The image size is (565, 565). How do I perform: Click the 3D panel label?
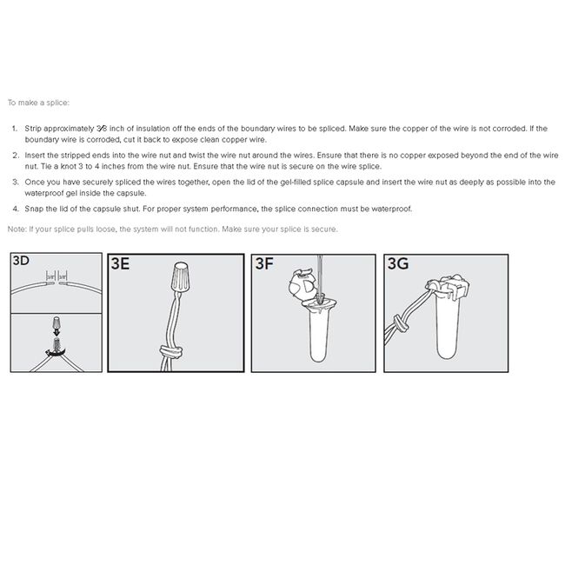[21, 260]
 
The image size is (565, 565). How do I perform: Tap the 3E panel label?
[120, 263]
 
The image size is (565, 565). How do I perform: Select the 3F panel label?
[264, 263]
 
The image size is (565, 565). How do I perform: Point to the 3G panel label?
[398, 263]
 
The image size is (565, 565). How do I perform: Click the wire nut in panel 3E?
[180, 276]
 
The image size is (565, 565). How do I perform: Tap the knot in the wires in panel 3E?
[171, 351]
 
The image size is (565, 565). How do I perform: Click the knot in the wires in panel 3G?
[400, 322]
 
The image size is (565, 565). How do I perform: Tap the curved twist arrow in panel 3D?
[55, 353]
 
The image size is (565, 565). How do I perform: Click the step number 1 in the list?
[15, 129]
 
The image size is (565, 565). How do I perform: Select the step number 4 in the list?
[15, 209]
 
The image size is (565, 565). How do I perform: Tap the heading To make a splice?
[38, 103]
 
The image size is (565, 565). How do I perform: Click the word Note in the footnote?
[17, 229]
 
